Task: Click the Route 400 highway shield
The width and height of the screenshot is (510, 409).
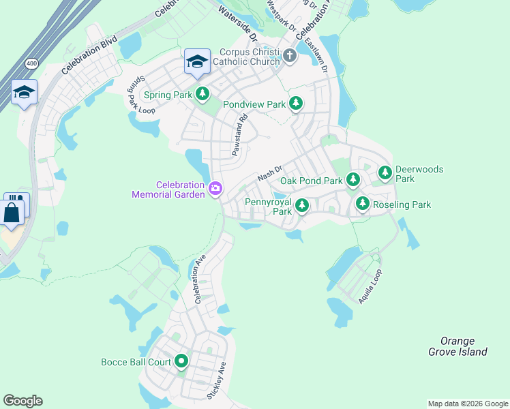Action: tap(31, 63)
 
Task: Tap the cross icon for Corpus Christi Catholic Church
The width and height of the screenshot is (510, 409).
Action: tap(289, 55)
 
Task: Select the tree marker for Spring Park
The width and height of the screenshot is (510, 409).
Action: tap(202, 95)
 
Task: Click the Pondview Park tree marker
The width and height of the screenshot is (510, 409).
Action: tap(295, 104)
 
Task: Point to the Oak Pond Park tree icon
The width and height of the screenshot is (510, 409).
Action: tap(352, 181)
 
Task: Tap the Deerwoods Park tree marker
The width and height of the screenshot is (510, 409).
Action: tap(385, 172)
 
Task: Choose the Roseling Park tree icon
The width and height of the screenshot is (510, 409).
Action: tap(362, 203)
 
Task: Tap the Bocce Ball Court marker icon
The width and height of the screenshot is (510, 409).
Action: tap(181, 361)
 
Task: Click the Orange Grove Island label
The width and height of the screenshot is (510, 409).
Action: tap(457, 346)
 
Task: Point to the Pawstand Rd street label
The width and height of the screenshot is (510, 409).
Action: tap(238, 134)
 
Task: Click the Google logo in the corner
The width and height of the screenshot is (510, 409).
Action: tap(22, 401)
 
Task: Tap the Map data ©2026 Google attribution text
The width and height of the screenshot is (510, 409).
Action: tap(467, 404)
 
